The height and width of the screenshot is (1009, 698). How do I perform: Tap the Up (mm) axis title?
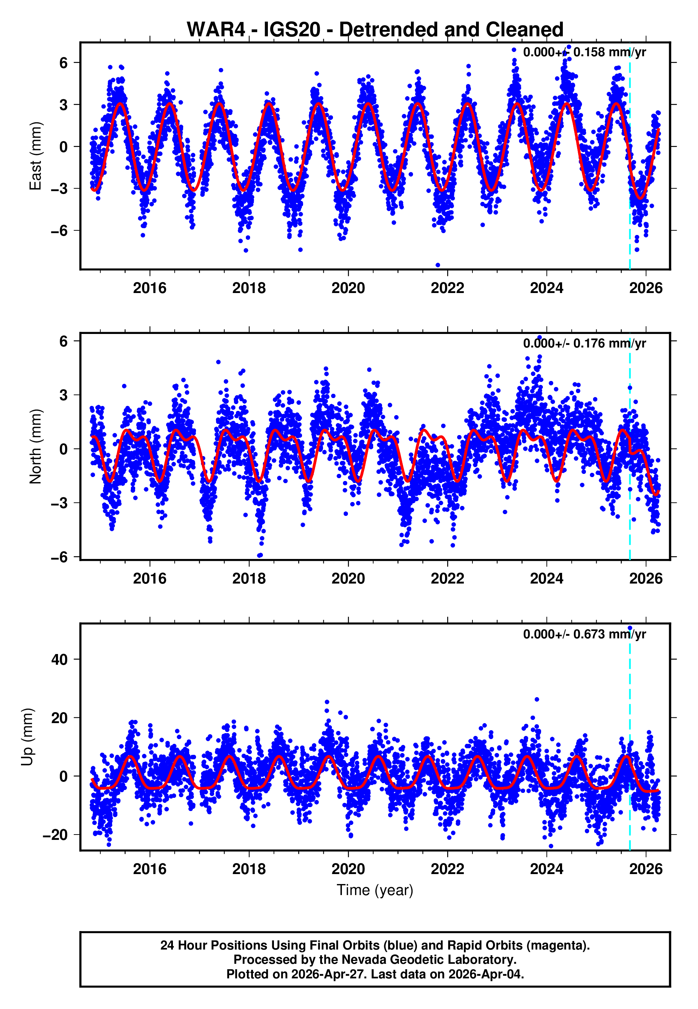click(x=27, y=737)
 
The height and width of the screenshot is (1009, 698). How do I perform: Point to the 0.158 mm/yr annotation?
click(x=584, y=52)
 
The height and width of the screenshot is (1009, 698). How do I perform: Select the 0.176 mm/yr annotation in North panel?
click(x=584, y=343)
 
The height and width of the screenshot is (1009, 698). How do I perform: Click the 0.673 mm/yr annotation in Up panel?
click(x=584, y=634)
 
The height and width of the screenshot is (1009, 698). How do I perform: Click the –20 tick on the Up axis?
click(x=55, y=835)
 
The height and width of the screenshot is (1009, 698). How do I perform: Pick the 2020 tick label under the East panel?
click(x=348, y=288)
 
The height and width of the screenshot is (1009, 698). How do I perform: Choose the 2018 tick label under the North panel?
click(x=249, y=579)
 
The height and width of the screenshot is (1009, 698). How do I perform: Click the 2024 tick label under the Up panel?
click(x=547, y=869)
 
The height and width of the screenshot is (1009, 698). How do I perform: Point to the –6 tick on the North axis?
click(x=59, y=557)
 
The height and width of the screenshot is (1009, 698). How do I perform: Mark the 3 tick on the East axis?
click(x=64, y=105)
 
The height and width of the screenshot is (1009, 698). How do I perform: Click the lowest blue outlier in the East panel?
click(x=438, y=265)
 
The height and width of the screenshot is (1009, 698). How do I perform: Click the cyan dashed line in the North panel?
click(x=630, y=481)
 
